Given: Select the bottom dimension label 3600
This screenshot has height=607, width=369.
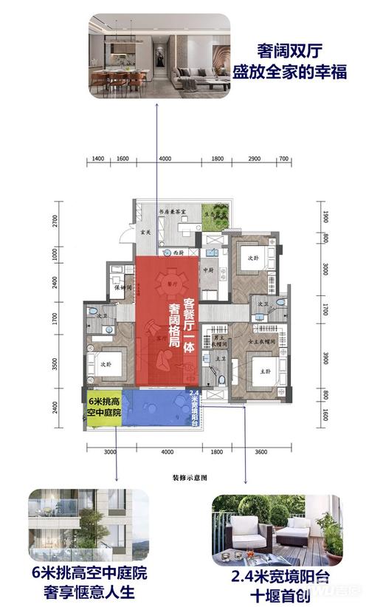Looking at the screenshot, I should tap(260, 451).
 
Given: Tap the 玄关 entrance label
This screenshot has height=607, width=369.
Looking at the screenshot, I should tap(145, 233).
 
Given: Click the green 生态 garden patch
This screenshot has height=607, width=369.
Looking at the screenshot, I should tap(219, 213).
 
